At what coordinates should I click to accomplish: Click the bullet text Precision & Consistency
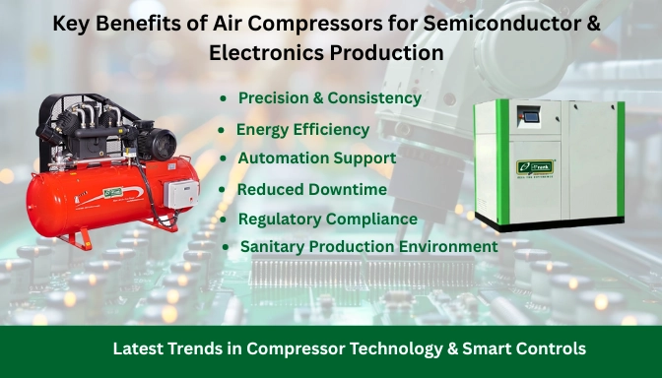(329, 98)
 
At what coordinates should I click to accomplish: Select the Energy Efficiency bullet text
(302, 129)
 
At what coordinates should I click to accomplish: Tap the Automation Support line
(316, 157)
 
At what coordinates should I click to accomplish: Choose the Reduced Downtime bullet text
(311, 188)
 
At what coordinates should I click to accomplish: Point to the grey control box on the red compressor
(181, 194)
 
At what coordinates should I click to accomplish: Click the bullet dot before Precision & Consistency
(224, 99)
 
